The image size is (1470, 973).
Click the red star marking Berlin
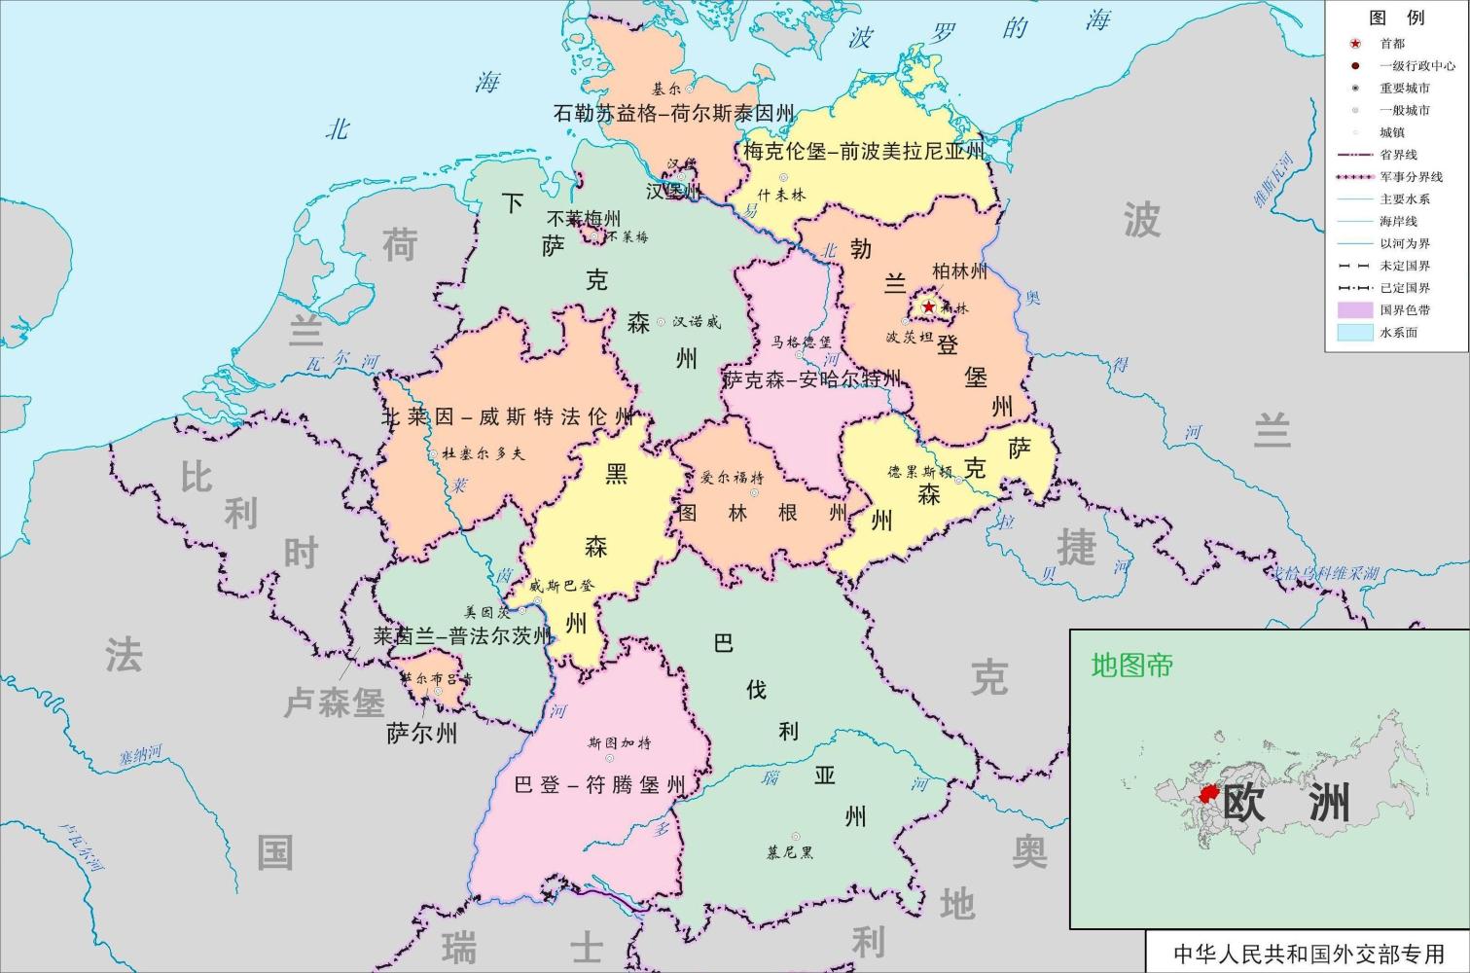coord(928,307)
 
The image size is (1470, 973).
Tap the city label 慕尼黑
coord(790,852)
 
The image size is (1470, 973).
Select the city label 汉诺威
coord(697,321)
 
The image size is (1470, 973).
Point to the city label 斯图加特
coord(620,742)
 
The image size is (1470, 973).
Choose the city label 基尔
coord(667,88)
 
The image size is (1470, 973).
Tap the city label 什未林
coord(781,195)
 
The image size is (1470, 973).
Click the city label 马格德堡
coord(802,342)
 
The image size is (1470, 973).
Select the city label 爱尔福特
coord(733,478)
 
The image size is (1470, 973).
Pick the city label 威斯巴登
coord(561,586)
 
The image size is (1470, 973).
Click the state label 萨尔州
coord(421,733)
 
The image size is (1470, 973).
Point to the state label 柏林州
coord(959,271)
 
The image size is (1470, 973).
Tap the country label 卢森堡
coord(334,703)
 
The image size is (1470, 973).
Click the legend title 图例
coord(1396,18)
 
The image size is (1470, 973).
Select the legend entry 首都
coord(1392,44)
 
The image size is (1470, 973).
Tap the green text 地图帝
coord(1132,666)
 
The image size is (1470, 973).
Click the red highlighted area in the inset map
coord(1210,796)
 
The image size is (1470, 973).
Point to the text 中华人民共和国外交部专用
coord(1309,954)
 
